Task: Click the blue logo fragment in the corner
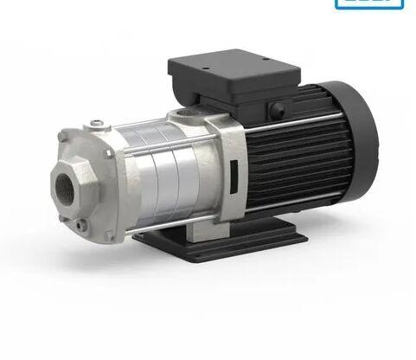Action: (x=368, y=3)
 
